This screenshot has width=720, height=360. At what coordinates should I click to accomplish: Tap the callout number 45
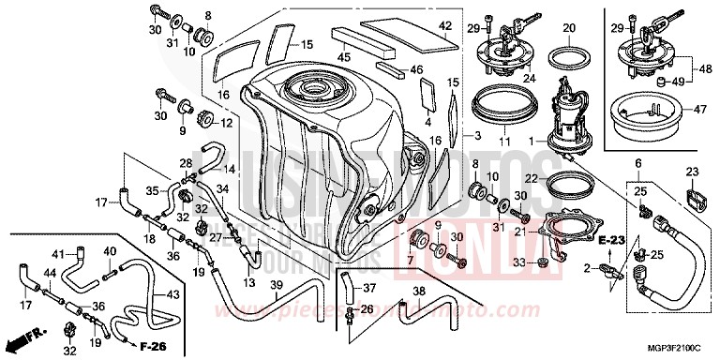[344, 57]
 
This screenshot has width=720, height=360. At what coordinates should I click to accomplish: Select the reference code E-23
[611, 241]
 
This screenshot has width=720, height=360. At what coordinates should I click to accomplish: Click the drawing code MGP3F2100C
[674, 349]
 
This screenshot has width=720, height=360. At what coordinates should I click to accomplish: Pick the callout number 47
[698, 110]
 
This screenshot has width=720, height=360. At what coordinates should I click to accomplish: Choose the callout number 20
[568, 28]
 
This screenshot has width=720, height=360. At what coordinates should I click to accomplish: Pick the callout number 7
[410, 259]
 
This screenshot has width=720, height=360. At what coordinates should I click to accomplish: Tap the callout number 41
[56, 254]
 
